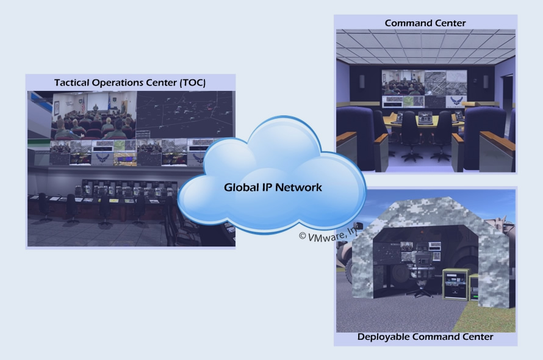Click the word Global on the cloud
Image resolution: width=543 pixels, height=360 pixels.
(239, 187)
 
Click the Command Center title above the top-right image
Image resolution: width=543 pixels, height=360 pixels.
(425, 23)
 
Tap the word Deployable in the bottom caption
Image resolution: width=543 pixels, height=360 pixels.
(383, 336)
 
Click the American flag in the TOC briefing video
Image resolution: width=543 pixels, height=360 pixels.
(83, 105)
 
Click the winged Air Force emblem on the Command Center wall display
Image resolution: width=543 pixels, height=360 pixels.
(456, 101)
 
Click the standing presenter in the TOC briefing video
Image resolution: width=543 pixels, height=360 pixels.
(95, 108)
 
